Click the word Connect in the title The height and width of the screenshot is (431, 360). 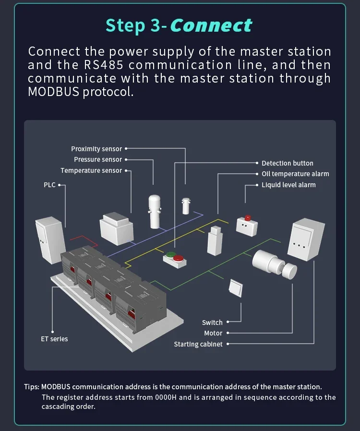[x=211, y=25]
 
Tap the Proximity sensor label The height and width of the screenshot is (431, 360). [x=96, y=149]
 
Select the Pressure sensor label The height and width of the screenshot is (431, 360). [x=98, y=160]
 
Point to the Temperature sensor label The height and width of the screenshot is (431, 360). [x=91, y=171]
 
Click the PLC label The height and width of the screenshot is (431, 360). [x=50, y=185]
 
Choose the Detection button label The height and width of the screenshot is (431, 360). [x=287, y=164]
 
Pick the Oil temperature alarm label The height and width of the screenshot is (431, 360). [x=295, y=174]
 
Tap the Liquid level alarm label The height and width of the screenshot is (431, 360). [x=288, y=185]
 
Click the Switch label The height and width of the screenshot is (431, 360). [x=212, y=323]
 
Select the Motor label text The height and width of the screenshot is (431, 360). [x=213, y=333]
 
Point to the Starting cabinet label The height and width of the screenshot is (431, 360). [x=198, y=344]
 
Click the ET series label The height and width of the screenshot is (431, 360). [x=54, y=339]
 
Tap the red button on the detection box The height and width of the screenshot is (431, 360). [x=178, y=258]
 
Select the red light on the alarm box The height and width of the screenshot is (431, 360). [x=248, y=217]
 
